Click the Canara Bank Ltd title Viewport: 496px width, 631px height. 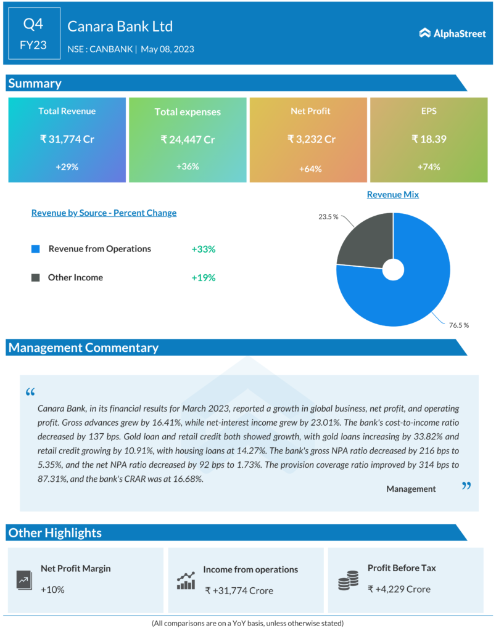120,26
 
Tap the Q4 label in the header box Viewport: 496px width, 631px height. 33,24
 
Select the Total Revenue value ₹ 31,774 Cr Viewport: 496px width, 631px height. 67,139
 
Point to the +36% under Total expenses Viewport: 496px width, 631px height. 188,166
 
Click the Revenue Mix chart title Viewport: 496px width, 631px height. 392,195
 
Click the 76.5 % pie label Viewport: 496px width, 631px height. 458,325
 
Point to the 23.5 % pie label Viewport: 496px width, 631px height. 328,217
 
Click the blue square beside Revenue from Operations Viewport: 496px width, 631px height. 36,249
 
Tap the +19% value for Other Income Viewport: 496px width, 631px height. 204,278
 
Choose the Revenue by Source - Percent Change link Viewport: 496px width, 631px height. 104,213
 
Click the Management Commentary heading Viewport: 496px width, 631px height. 83,348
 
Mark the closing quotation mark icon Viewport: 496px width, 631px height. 466,486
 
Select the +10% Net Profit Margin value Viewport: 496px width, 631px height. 52,590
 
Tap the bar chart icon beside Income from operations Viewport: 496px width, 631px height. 186,580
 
